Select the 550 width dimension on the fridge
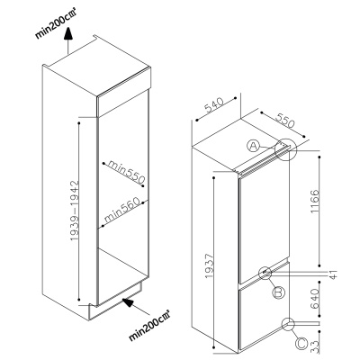pos(285,121)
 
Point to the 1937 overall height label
pos(209,265)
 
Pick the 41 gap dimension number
pos(334,274)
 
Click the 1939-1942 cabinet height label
pos(74,211)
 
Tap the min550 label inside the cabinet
pos(126,172)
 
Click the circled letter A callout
pos(253,146)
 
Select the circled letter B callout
pos(279,292)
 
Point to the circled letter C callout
pos(301,343)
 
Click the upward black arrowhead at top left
pos(68,33)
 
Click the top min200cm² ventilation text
pos(55,26)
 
